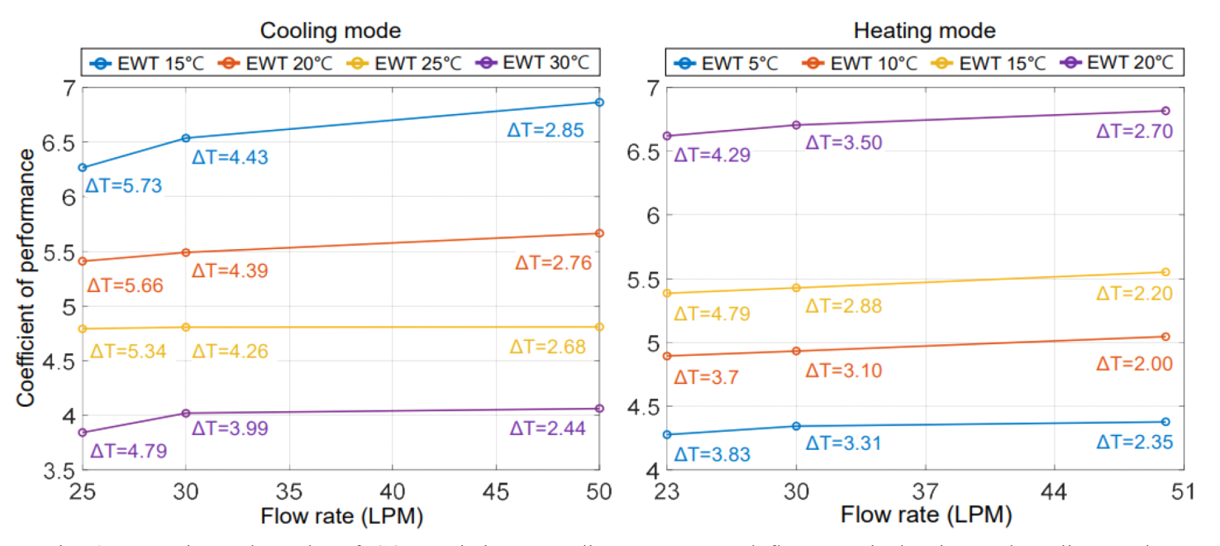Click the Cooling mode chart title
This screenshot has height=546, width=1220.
[x=331, y=31]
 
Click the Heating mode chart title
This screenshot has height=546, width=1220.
[x=925, y=31]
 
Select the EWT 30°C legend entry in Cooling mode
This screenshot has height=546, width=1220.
[x=541, y=63]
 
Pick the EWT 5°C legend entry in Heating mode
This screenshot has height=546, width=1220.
[x=727, y=63]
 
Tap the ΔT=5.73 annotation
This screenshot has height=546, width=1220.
[x=124, y=186]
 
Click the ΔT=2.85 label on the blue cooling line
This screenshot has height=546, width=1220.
[x=545, y=130]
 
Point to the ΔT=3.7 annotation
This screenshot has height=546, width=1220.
[x=707, y=377]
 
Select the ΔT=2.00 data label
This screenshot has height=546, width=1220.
[x=1134, y=364]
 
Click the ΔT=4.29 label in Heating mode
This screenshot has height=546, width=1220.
[x=712, y=154]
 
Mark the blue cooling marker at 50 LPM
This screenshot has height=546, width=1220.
[x=599, y=103]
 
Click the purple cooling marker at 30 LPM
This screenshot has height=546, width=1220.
[x=186, y=413]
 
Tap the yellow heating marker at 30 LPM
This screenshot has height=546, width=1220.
[x=796, y=288]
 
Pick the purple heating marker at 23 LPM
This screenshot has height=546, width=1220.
[x=667, y=136]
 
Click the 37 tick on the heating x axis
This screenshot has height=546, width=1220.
[x=925, y=491]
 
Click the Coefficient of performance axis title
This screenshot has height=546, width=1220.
[x=26, y=278]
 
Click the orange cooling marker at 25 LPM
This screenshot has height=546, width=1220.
[x=82, y=261]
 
